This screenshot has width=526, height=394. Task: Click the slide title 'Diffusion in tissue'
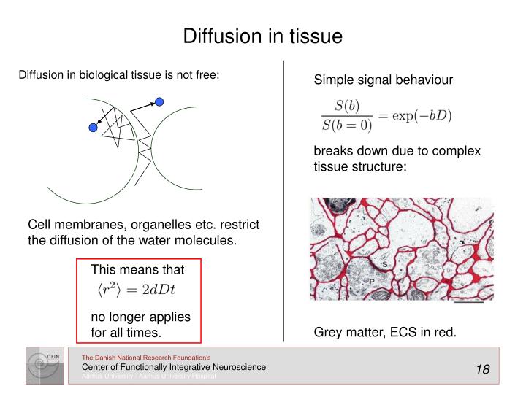(262, 36)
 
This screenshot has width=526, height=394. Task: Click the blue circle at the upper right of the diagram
(159, 101)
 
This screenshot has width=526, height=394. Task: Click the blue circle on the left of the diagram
(93, 128)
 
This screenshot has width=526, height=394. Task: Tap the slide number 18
(482, 369)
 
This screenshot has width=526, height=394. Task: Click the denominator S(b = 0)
(347, 125)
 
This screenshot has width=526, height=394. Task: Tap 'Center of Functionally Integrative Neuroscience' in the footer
(173, 367)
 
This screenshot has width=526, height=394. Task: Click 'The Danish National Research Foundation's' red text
(146, 357)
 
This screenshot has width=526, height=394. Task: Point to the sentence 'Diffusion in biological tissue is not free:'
(118, 74)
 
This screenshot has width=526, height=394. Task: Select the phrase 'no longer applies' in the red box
(140, 317)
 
